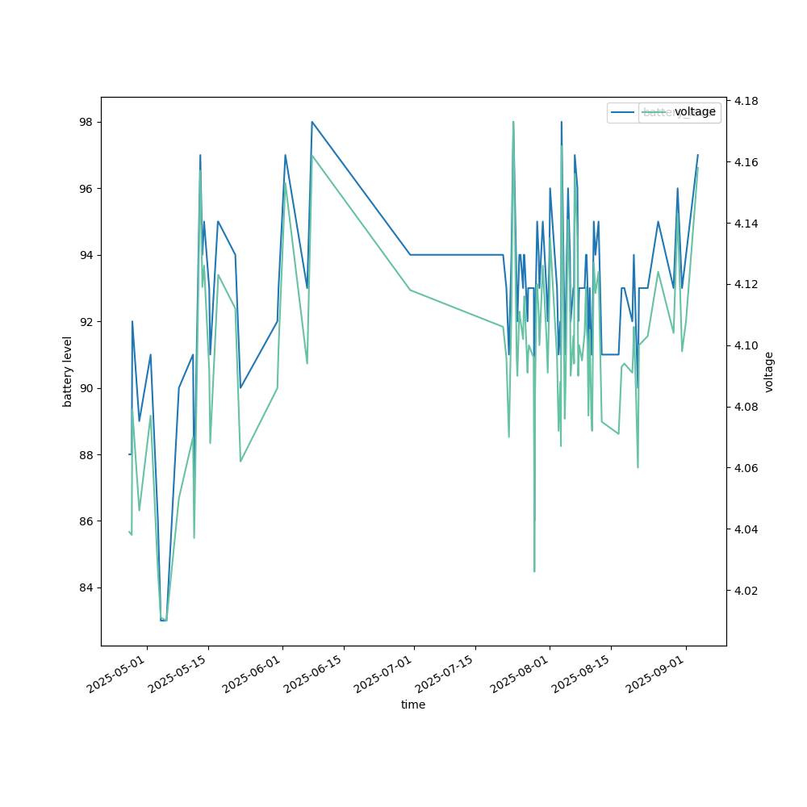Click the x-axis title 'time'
(413, 705)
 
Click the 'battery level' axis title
(68, 371)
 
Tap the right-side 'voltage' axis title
(768, 371)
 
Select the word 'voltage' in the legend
(695, 112)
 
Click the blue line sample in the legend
(624, 112)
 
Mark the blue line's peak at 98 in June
(312, 122)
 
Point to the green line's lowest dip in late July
(534, 571)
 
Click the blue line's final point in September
(698, 155)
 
